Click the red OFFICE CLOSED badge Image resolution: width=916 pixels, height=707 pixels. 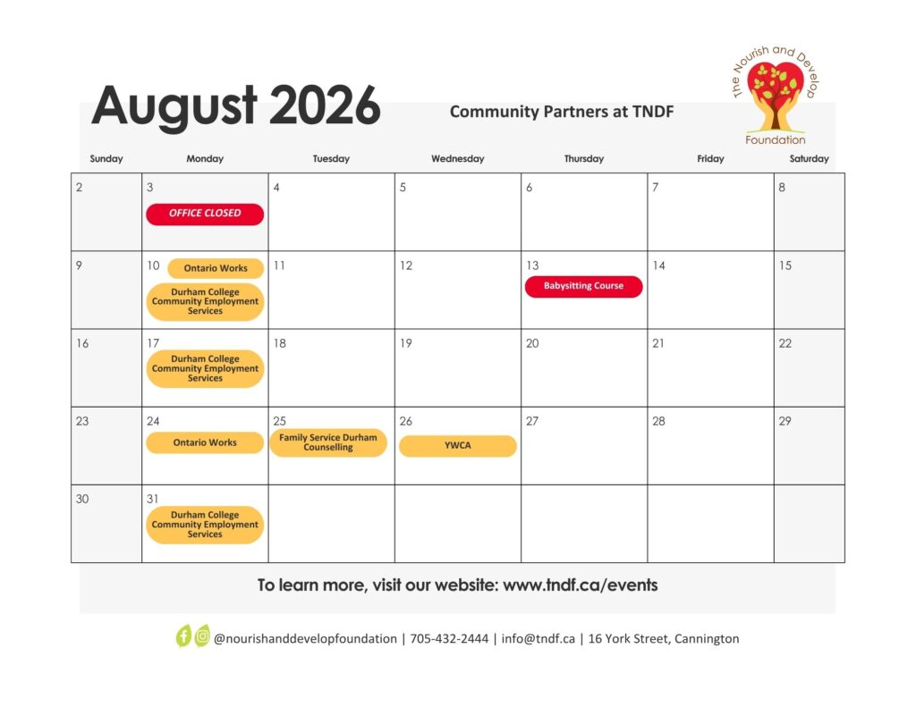click(x=205, y=214)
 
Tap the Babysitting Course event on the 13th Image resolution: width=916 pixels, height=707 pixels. click(x=583, y=286)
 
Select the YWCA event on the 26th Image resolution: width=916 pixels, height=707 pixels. click(x=457, y=445)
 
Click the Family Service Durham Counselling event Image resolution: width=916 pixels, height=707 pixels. click(x=328, y=442)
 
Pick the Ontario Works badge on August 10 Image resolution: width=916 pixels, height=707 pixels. click(x=216, y=268)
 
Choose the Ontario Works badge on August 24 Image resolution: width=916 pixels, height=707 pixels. click(x=205, y=442)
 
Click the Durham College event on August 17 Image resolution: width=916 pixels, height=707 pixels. click(x=205, y=368)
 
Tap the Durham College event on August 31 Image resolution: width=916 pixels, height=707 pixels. click(x=205, y=525)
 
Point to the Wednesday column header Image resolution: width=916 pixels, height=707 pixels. click(x=457, y=159)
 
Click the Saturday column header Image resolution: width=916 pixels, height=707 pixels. click(x=809, y=159)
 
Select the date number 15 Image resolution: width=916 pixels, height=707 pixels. click(x=785, y=265)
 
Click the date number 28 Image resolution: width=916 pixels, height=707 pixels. click(x=658, y=421)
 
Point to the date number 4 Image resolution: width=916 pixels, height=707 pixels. click(x=276, y=188)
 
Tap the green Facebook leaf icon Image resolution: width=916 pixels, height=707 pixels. click(x=183, y=636)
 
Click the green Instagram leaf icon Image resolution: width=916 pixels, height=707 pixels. click(x=202, y=635)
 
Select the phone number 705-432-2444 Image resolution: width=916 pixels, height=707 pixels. click(x=449, y=639)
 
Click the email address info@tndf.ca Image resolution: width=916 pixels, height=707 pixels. click(x=538, y=639)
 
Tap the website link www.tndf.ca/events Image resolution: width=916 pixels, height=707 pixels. click(x=580, y=585)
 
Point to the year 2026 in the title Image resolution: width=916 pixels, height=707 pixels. click(x=325, y=105)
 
